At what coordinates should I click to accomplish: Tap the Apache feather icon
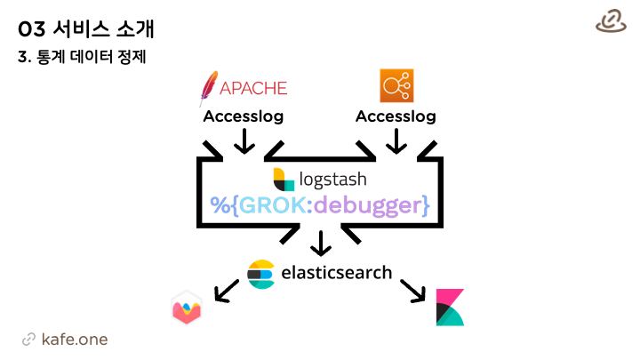(210, 88)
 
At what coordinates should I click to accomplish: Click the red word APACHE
(253, 88)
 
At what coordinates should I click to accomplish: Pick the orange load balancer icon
(396, 85)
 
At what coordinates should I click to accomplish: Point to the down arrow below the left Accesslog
(244, 141)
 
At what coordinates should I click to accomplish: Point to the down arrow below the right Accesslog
(396, 141)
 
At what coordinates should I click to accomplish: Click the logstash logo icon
(284, 179)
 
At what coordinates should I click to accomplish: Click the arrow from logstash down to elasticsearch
(321, 243)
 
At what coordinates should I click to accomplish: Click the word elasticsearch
(336, 272)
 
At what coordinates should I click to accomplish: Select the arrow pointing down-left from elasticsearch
(226, 290)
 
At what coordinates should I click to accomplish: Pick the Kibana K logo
(450, 308)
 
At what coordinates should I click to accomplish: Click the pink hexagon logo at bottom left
(187, 308)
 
